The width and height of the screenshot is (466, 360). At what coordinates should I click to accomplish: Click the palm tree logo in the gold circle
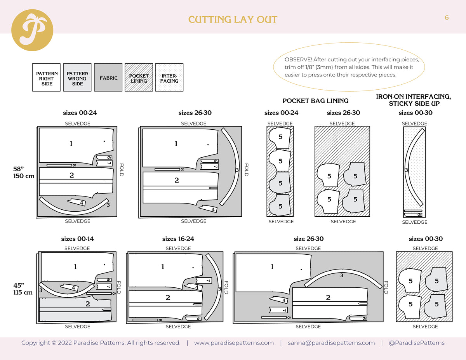point(32,30)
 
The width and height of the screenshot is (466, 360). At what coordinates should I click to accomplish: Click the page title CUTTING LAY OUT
point(233,20)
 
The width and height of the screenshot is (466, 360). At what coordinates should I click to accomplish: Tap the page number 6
point(447,17)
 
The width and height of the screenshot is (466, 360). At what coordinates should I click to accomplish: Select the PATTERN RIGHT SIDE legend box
point(46,78)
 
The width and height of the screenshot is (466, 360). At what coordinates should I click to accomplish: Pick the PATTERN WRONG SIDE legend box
point(77,78)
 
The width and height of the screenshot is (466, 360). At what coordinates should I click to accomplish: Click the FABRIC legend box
point(108,78)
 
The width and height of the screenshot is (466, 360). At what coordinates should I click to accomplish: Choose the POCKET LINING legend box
point(139,78)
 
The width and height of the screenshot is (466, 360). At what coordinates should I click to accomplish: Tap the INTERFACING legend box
point(169,78)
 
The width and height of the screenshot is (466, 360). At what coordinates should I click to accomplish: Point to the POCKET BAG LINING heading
point(315,101)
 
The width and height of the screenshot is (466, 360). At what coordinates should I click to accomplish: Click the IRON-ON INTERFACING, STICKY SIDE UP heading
point(414,100)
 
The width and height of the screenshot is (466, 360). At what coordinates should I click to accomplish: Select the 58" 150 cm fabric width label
point(24,172)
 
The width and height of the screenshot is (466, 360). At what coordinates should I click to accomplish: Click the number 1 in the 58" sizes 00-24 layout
point(71,144)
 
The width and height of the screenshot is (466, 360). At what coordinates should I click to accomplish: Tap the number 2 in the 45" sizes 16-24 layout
point(168,297)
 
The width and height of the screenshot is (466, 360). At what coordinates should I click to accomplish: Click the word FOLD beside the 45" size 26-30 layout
point(386,287)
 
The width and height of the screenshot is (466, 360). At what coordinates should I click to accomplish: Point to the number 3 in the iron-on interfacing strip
point(406,170)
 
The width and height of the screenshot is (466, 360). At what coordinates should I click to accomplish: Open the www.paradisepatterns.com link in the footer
point(234,343)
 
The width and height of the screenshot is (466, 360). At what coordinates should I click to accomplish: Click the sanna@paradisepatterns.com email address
point(331,343)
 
